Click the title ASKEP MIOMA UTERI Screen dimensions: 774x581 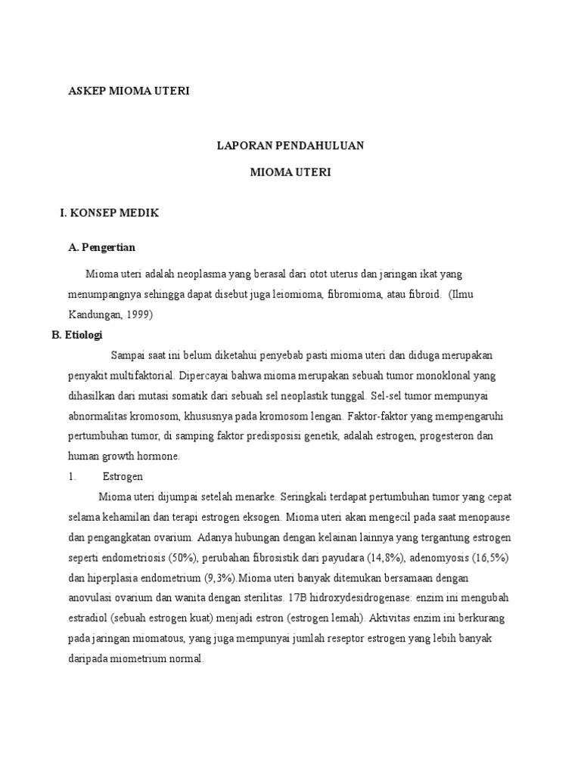point(129,91)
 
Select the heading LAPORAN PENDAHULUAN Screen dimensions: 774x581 point(290,145)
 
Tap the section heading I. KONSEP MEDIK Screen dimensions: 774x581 point(110,213)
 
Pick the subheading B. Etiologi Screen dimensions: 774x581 point(76,334)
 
